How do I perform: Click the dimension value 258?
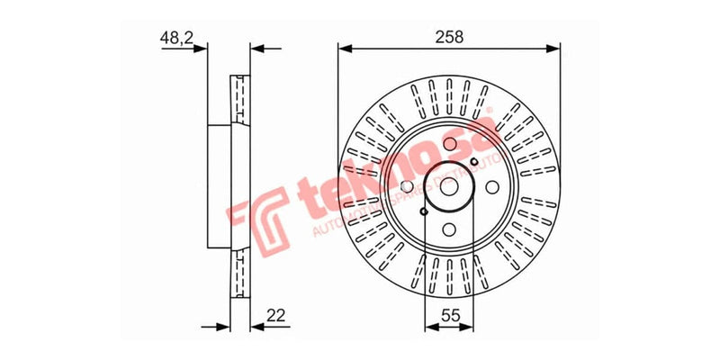(449, 37)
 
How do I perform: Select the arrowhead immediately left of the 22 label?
(255, 328)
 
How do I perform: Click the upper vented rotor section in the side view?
(240, 99)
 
